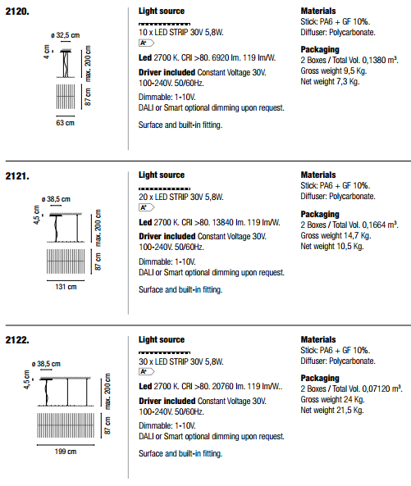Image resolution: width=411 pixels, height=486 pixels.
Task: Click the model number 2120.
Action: pyautogui.click(x=17, y=11)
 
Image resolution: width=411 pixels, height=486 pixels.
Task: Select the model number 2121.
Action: pyautogui.click(x=17, y=176)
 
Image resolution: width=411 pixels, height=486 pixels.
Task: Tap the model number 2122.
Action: pyautogui.click(x=17, y=340)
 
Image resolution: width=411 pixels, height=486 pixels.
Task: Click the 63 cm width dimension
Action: pyautogui.click(x=65, y=123)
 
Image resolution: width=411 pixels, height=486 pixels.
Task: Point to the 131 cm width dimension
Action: pyautogui.click(x=66, y=287)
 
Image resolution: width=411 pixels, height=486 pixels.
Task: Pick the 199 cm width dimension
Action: pyautogui.click(x=66, y=452)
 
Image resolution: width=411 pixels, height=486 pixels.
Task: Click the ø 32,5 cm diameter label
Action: pyautogui.click(x=65, y=35)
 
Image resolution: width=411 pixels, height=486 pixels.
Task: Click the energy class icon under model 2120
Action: pyautogui.click(x=146, y=43)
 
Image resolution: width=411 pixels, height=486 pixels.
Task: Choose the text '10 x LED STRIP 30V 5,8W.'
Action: pyautogui.click(x=181, y=32)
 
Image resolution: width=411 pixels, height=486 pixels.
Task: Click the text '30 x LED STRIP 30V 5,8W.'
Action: pyautogui.click(x=181, y=361)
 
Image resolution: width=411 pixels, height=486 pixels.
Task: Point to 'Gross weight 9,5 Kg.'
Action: pyautogui.click(x=333, y=71)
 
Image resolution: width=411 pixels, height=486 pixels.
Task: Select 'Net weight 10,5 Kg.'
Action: pyautogui.click(x=332, y=247)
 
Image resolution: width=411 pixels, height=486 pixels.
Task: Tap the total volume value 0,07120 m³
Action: pyautogui.click(x=382, y=388)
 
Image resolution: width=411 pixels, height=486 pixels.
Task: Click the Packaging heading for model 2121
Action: pyautogui.click(x=320, y=214)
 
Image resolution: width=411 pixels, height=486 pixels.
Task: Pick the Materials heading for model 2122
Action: pyautogui.click(x=318, y=339)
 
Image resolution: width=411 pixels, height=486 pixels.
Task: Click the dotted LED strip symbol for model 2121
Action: pyautogui.click(x=164, y=188)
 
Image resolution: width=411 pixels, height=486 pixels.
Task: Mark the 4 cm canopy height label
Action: pyautogui.click(x=47, y=52)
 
